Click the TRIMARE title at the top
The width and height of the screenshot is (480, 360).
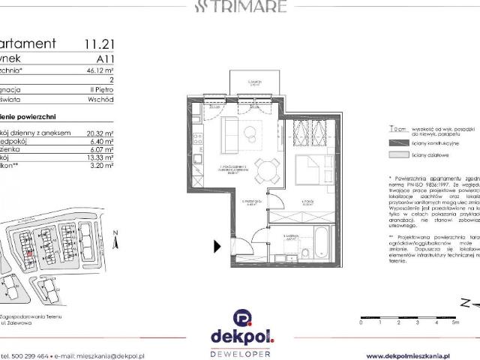(x=240, y=7)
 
